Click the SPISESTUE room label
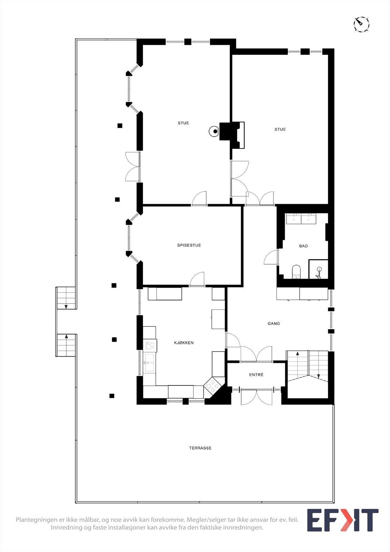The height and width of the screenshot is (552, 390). coord(189,245)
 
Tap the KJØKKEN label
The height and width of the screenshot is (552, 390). coord(184,343)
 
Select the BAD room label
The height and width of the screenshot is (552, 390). coord(303,246)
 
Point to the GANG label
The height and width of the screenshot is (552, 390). coord(274,324)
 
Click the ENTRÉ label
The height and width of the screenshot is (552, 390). coord(256,374)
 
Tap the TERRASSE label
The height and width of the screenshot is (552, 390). coord(200,448)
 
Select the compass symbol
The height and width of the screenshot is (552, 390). coord(361,24)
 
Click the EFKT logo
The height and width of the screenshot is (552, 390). coord(342,520)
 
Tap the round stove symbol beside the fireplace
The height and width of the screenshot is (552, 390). coord(214,131)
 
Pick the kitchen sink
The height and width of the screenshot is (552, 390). coord(149,363)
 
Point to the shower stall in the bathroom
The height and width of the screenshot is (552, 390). coord(318,269)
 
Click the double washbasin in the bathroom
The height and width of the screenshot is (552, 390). coord(301,218)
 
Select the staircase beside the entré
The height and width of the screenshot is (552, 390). coord(308,366)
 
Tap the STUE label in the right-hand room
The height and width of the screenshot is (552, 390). coord(280,129)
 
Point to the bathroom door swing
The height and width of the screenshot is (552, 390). coord(271,257)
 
